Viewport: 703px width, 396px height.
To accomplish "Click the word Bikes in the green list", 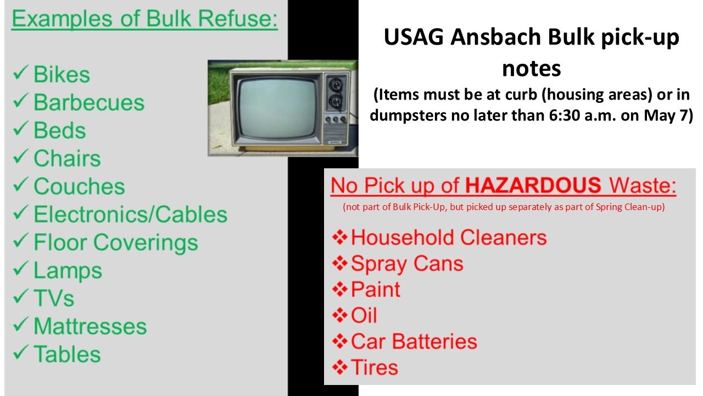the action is click(62, 74).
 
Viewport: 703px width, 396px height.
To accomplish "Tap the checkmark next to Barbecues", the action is click(21, 100).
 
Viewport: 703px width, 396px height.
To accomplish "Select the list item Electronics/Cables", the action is click(131, 215).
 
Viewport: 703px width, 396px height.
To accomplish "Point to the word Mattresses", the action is click(90, 326).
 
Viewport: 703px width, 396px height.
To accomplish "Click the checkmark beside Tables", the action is click(21, 352).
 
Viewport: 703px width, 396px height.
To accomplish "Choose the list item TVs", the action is click(54, 298).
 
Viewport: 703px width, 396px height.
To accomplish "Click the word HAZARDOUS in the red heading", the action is click(533, 185).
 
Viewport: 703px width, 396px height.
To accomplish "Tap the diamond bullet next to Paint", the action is click(340, 289).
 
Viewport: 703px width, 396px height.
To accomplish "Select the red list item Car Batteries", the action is click(414, 342).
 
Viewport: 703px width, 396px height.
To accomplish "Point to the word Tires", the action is click(375, 367).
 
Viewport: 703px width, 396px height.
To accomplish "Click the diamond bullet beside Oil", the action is click(340, 315).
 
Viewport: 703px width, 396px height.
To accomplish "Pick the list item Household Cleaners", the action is click(449, 237).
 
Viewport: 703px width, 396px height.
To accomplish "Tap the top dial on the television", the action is click(335, 85).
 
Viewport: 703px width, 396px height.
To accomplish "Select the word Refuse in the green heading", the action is click(238, 19).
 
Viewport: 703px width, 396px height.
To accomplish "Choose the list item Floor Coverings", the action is click(116, 243).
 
